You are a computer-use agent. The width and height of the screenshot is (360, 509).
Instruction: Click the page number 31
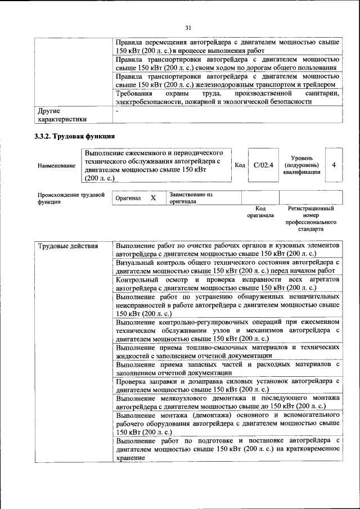click(188, 28)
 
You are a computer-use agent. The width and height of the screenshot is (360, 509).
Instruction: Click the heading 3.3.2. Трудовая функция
click(74, 136)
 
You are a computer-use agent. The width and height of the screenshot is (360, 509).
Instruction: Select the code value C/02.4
click(263, 165)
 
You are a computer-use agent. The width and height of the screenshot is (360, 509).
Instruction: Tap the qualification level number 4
click(334, 165)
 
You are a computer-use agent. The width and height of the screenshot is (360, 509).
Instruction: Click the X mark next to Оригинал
click(152, 199)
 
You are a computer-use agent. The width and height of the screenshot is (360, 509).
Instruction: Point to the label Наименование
click(56, 166)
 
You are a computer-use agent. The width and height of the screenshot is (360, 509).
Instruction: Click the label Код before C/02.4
click(239, 165)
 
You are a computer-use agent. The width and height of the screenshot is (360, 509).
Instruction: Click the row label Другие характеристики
click(62, 115)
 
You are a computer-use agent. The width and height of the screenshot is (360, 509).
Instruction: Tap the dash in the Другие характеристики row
click(117, 111)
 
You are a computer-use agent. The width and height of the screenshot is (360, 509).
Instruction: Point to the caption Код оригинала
click(260, 212)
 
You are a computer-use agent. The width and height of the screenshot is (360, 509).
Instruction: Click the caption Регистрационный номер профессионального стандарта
click(310, 219)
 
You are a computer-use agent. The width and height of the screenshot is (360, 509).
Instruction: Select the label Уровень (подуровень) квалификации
click(302, 165)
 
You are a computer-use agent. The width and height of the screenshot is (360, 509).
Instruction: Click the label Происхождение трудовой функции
click(71, 199)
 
